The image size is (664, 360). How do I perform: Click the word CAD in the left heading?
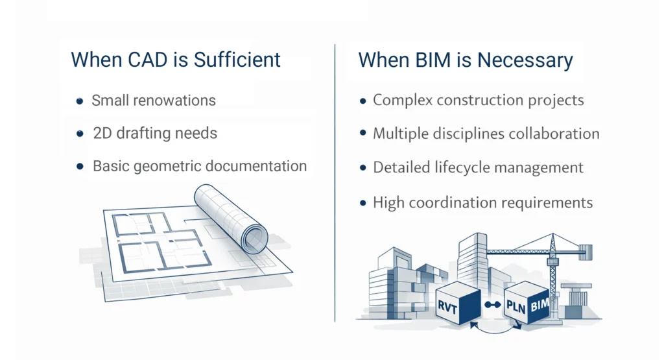coord(137,60)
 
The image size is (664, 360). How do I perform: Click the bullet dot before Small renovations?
coord(80,101)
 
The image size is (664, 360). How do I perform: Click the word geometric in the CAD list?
coord(167,166)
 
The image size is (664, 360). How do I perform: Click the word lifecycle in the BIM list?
coord(457,167)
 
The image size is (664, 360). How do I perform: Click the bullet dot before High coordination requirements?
coord(363,203)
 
